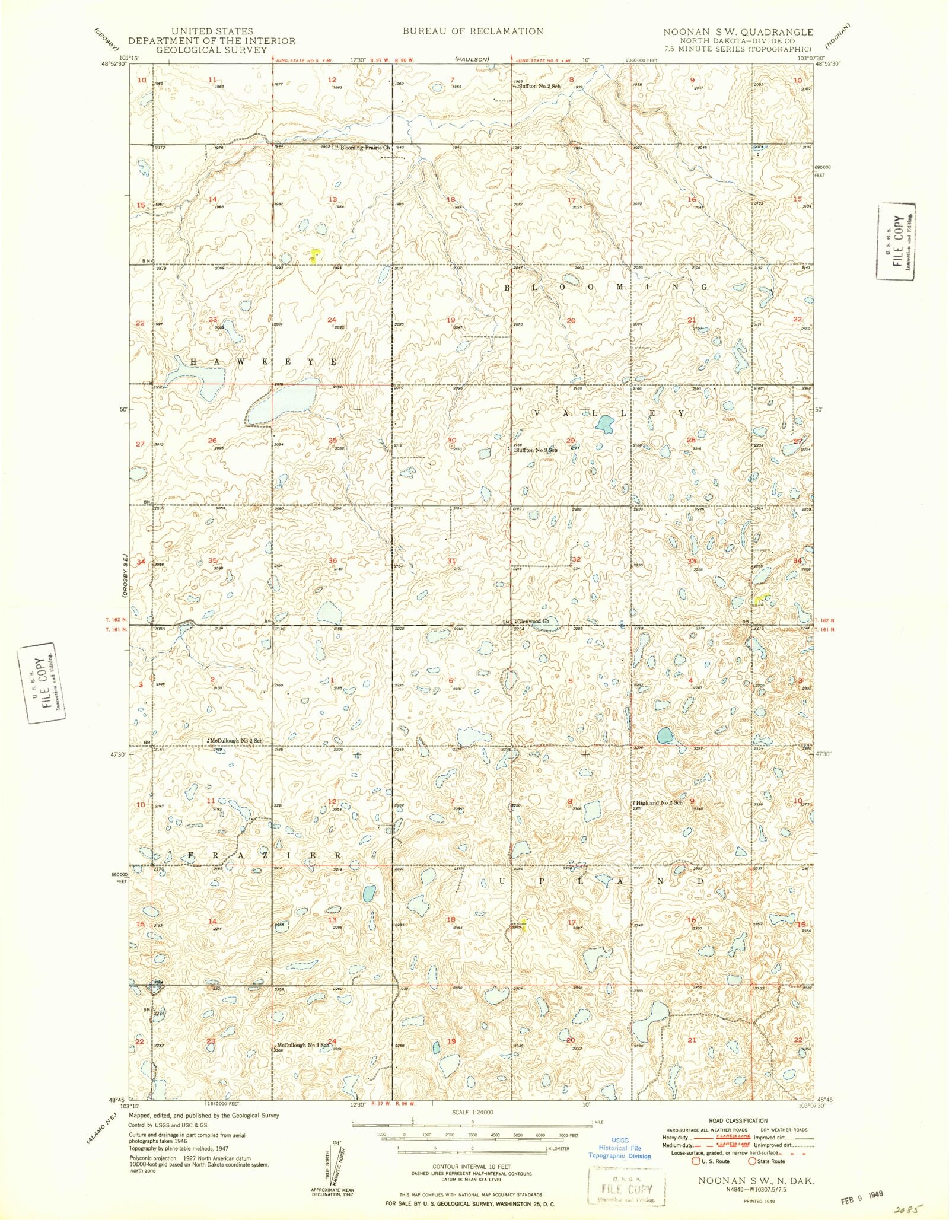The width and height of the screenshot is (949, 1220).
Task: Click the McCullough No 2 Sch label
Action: point(236,741)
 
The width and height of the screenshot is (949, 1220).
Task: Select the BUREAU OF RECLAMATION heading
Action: point(473,31)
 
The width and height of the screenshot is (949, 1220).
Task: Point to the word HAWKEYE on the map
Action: point(263,361)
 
